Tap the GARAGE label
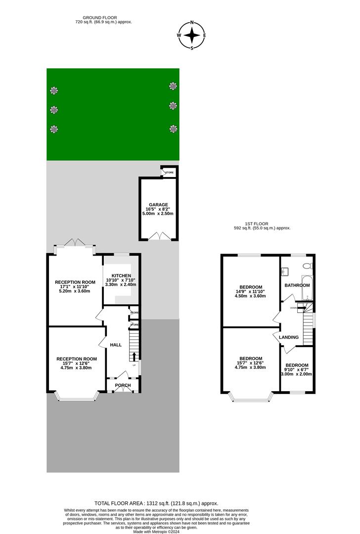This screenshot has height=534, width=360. pos(159,204)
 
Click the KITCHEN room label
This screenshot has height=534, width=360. pos(121,275)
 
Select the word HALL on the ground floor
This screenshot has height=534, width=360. pos(116,345)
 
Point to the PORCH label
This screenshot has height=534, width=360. pos(123,385)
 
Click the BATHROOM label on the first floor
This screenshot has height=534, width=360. pos(297,285)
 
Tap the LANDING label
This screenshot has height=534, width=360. pos(289,337)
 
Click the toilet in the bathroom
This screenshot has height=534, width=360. pos(307,266)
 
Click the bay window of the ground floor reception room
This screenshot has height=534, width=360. pos(76,396)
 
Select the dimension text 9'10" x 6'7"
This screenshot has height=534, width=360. pos(297,369)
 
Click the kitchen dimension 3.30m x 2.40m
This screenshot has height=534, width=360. pos(121,284)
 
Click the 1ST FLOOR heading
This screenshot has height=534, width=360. pos(262,223)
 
